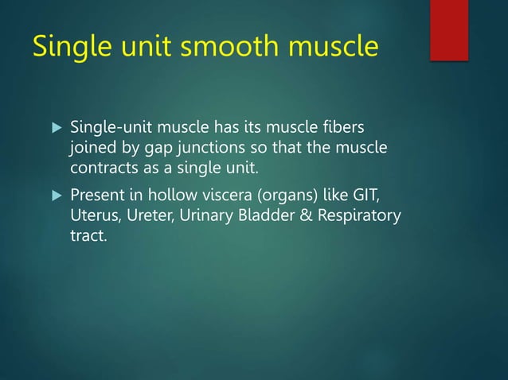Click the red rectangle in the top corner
(449, 29)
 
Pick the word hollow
(185, 196)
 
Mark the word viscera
(238, 196)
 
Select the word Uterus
(94, 215)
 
